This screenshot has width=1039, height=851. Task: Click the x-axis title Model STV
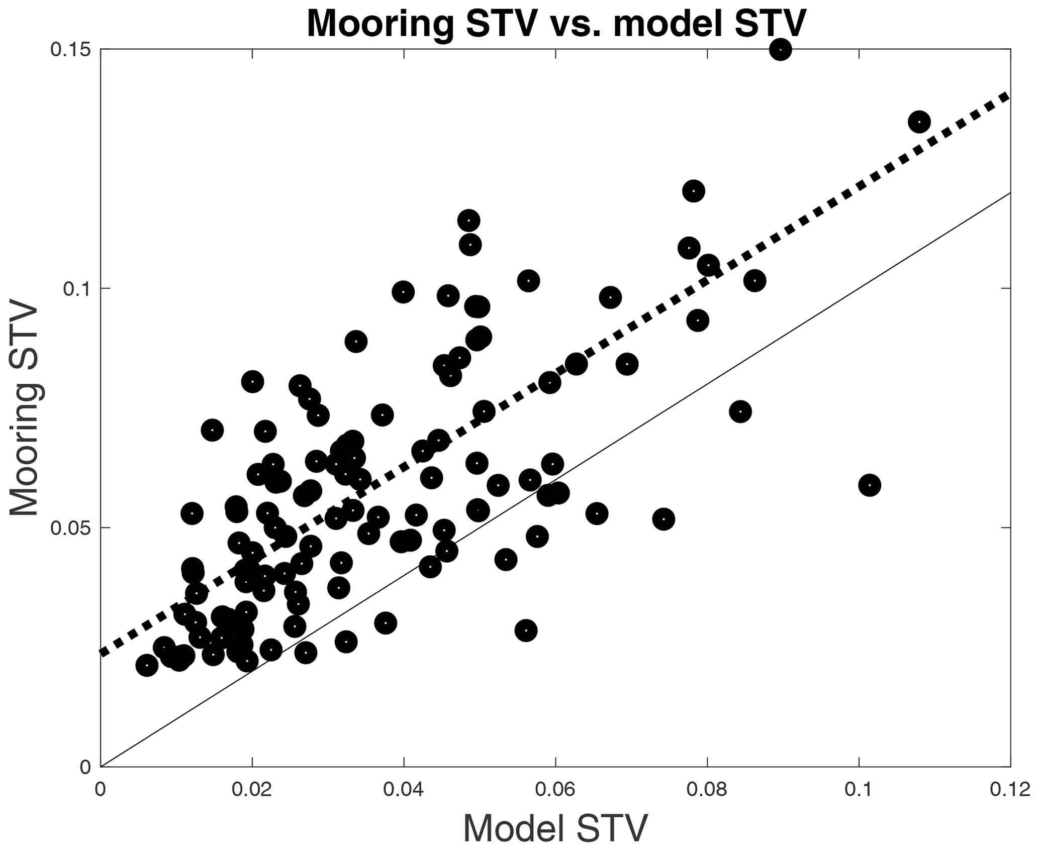555,828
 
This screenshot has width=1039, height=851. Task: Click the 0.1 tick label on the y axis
76,288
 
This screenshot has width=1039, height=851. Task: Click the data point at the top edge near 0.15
780,49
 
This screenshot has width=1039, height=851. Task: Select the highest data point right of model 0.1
919,122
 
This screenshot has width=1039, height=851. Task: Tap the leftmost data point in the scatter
147,665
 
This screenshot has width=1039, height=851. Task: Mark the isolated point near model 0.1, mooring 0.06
870,485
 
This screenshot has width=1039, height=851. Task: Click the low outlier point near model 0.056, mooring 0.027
526,630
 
